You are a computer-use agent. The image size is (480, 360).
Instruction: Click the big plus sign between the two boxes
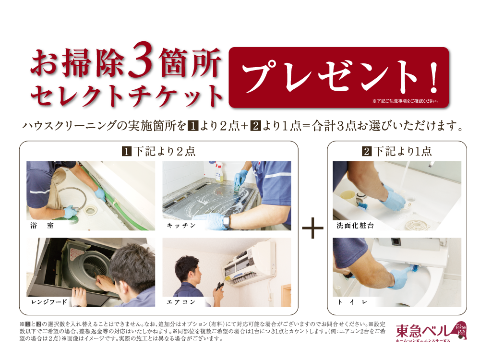click(x=312, y=228)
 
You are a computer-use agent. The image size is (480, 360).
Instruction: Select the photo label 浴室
click(x=42, y=226)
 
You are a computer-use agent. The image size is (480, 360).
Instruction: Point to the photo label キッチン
click(x=181, y=226)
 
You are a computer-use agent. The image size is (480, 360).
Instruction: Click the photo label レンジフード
click(x=49, y=302)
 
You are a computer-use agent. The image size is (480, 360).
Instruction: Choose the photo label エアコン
click(x=181, y=302)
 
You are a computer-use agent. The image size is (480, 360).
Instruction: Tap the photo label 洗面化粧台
click(x=355, y=226)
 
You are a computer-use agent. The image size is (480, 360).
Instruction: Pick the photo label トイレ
click(x=352, y=302)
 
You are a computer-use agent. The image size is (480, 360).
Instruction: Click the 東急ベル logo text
click(x=422, y=331)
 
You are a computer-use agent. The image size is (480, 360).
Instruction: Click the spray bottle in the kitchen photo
click(x=218, y=171)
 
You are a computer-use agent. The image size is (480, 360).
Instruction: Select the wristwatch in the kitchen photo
click(x=226, y=221)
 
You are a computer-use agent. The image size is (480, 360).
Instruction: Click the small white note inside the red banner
click(x=406, y=101)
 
